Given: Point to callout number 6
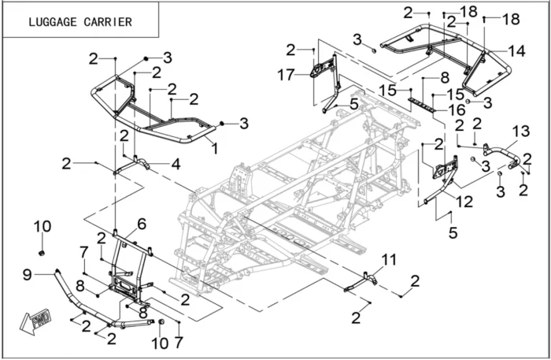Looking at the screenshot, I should pos(142,225).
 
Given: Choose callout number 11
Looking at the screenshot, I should pos(387,260).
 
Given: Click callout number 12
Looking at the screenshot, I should pos(464,202).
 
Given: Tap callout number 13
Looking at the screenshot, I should pos(522,131).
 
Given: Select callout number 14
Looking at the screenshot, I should pos(516,50).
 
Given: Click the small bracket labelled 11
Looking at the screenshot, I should pos(360,280).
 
